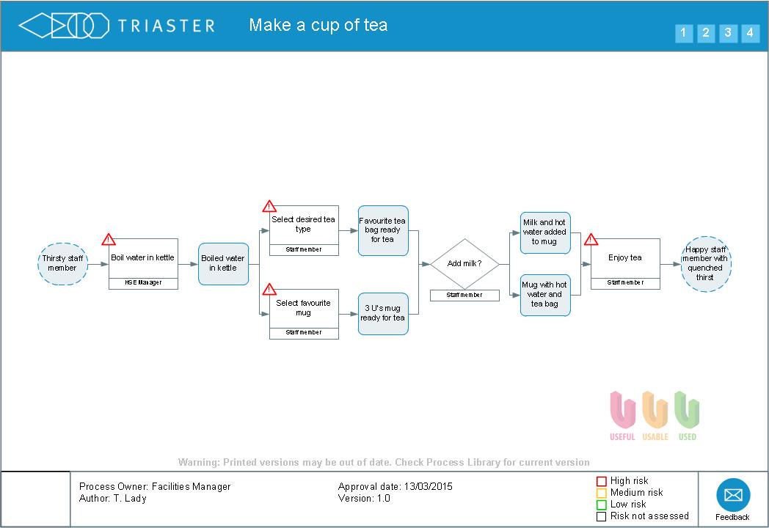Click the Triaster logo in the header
pyautogui.click(x=117, y=26)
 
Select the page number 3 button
pyautogui.click(x=728, y=33)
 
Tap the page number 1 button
pyautogui.click(x=683, y=33)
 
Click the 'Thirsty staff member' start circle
pyautogui.click(x=62, y=263)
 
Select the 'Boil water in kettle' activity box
pyautogui.click(x=143, y=258)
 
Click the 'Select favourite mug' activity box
pyautogui.click(x=304, y=308)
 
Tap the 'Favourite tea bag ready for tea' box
pyautogui.click(x=382, y=230)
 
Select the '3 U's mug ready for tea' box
pyautogui.click(x=382, y=313)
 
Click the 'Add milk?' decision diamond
pyautogui.click(x=464, y=264)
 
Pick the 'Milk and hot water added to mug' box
pyautogui.click(x=545, y=232)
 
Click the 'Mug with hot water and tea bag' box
pyautogui.click(x=545, y=295)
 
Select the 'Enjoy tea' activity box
pyautogui.click(x=625, y=258)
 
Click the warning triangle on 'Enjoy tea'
pyautogui.click(x=591, y=240)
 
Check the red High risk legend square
pyautogui.click(x=601, y=482)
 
